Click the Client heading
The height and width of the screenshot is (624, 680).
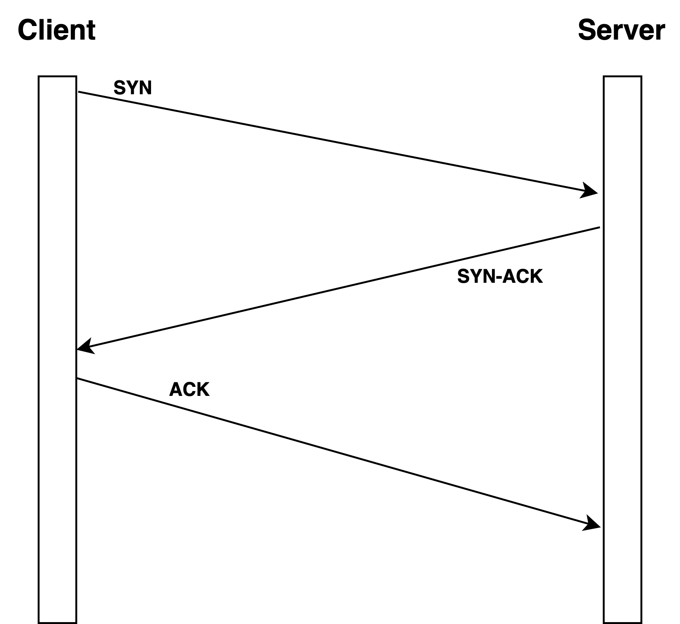click(x=57, y=30)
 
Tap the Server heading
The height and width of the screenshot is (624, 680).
click(x=621, y=30)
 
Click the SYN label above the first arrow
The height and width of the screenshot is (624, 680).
click(x=133, y=88)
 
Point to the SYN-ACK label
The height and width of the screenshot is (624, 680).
click(x=500, y=276)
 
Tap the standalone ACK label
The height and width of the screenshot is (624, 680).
click(x=189, y=389)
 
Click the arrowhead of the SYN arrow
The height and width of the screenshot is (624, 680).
click(x=591, y=191)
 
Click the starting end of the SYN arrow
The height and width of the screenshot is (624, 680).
click(x=79, y=92)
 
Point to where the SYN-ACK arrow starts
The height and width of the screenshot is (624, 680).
click(x=599, y=227)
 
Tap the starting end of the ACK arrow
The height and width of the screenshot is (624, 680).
click(x=78, y=378)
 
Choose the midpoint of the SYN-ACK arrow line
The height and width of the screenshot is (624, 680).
click(x=338, y=288)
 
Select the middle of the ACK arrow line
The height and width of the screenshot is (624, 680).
click(x=338, y=452)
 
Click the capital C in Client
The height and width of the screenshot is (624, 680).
click(x=27, y=30)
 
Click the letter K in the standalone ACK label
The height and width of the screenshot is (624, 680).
click(x=202, y=389)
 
